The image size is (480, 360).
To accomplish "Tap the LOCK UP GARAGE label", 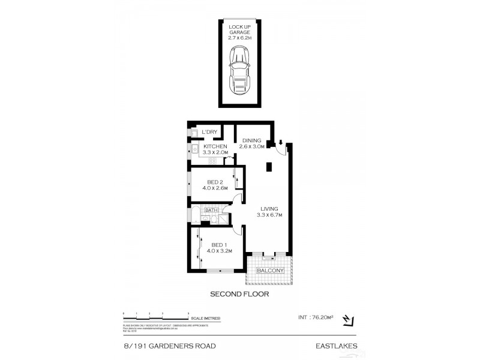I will pyautogui.click(x=240, y=29).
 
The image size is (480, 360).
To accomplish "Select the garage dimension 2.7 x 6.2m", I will pyautogui.click(x=240, y=38).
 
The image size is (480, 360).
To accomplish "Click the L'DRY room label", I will pyautogui.click(x=209, y=132).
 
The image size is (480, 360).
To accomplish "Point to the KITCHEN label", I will pyautogui.click(x=215, y=146).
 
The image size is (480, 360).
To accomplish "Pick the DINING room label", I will pyautogui.click(x=252, y=140).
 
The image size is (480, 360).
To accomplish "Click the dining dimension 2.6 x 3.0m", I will pyautogui.click(x=252, y=146).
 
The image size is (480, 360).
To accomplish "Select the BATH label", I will pyautogui.click(x=211, y=210).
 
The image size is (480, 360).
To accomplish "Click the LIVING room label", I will pyautogui.click(x=269, y=209).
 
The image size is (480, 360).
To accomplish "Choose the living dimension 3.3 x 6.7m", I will pyautogui.click(x=269, y=215).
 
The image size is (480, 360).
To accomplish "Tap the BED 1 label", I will pyautogui.click(x=219, y=244).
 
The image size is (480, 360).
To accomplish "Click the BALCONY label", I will pyautogui.click(x=270, y=271).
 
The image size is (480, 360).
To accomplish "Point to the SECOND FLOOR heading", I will pyautogui.click(x=239, y=295).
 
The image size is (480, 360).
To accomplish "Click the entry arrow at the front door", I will pyautogui.click(x=280, y=142).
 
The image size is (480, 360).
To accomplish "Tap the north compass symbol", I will pyautogui.click(x=348, y=322).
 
